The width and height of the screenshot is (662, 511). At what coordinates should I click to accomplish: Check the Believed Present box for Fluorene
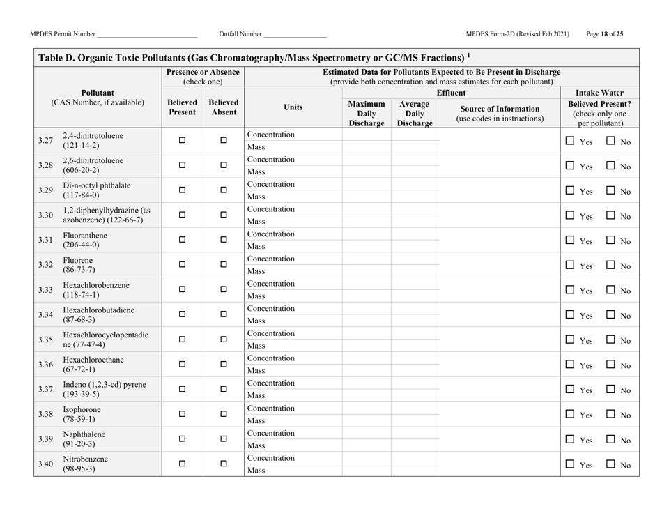tap(182, 265)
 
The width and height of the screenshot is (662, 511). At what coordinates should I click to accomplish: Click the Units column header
tap(293, 107)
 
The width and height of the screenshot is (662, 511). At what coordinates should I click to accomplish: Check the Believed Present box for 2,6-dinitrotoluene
tap(182, 165)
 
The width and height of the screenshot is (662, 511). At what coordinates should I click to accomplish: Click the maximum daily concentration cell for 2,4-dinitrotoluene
tap(366, 134)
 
